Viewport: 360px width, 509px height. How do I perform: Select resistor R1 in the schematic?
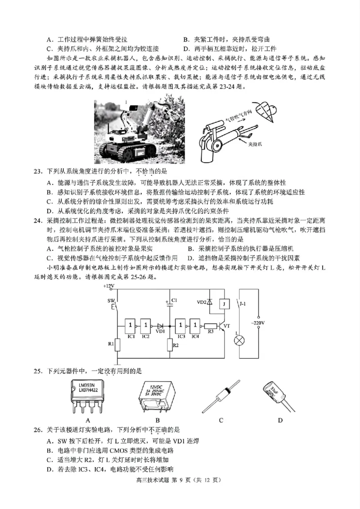click(117, 344)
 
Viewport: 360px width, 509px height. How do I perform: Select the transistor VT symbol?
click(222, 327)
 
